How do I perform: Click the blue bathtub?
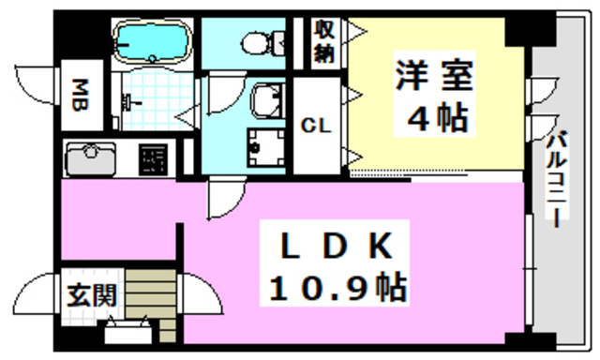point(152,41)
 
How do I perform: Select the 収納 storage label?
point(324,42)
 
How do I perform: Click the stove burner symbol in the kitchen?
point(154,160)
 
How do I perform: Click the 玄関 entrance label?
point(92,295)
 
